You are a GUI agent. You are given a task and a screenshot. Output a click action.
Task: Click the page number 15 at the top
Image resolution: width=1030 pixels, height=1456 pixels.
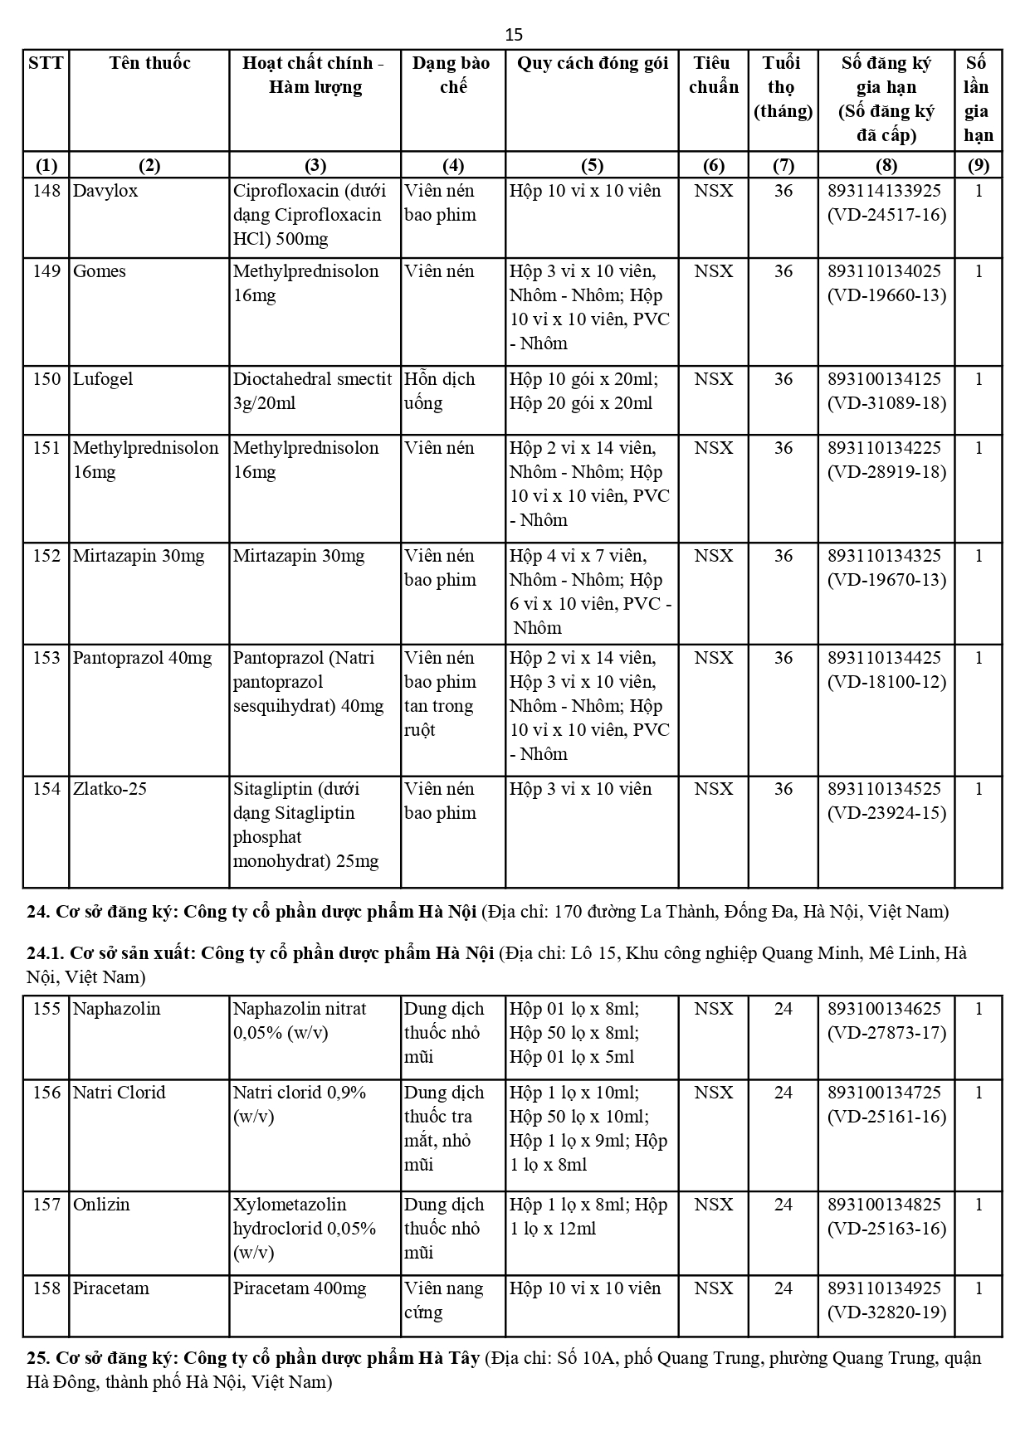[x=514, y=34]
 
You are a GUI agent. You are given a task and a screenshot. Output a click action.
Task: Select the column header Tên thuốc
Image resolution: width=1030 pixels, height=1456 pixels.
[x=149, y=63]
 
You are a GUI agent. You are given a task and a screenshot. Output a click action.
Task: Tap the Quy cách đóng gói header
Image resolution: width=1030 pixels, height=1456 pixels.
[x=592, y=63]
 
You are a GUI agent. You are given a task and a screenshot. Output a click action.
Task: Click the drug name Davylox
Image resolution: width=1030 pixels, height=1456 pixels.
[x=105, y=191]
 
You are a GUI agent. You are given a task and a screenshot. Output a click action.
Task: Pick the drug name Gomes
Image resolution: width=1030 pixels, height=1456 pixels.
[x=100, y=271]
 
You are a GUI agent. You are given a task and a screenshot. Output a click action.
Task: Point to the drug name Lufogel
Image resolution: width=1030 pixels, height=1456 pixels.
[x=104, y=379]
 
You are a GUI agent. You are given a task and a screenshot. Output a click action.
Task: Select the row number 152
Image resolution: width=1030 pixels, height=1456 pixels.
[x=46, y=556]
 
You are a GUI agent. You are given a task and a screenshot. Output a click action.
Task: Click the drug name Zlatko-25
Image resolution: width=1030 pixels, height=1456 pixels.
[x=110, y=789]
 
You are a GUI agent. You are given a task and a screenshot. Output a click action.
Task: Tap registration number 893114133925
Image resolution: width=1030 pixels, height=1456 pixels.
[x=885, y=191]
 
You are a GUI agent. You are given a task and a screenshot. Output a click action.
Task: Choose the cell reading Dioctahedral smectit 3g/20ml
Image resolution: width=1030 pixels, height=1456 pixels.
[x=312, y=391]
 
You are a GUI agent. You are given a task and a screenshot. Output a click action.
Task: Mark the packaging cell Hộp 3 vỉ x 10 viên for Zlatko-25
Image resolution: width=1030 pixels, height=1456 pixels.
[x=581, y=789]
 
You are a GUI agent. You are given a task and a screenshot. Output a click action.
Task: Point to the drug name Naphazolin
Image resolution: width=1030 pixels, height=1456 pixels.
[x=116, y=1009]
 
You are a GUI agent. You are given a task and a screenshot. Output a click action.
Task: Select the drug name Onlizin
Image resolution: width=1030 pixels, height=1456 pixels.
[x=101, y=1205]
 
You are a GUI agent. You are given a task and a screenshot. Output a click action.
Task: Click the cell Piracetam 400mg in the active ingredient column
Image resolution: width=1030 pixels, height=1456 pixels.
[x=300, y=1288]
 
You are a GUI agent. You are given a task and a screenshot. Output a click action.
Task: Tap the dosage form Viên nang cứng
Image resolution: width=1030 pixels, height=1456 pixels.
[x=443, y=1300]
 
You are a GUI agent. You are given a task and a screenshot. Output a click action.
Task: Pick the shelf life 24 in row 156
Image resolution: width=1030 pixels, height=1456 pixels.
[x=783, y=1093]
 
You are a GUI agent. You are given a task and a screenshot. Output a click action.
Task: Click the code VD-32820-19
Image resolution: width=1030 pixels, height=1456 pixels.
[x=886, y=1312]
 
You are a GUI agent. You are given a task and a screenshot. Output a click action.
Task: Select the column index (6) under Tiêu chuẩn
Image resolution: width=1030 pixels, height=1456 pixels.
[x=713, y=165]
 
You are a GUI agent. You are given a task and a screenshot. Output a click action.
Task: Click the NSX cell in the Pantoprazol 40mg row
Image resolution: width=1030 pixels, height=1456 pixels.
[x=713, y=658]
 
